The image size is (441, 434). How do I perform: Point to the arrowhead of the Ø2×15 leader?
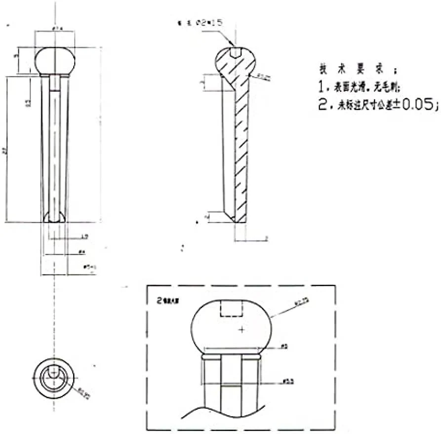(233, 46)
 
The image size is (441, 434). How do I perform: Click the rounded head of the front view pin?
(55, 60)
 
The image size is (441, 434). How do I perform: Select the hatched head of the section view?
(236, 64)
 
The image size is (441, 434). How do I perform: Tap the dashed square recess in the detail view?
(231, 309)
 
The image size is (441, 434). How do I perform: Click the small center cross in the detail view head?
(241, 329)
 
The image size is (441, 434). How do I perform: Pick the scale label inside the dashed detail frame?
(166, 300)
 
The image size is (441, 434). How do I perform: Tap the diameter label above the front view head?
(56, 28)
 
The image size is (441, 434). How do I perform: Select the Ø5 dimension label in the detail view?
(284, 347)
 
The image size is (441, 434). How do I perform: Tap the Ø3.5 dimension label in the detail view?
(287, 382)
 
